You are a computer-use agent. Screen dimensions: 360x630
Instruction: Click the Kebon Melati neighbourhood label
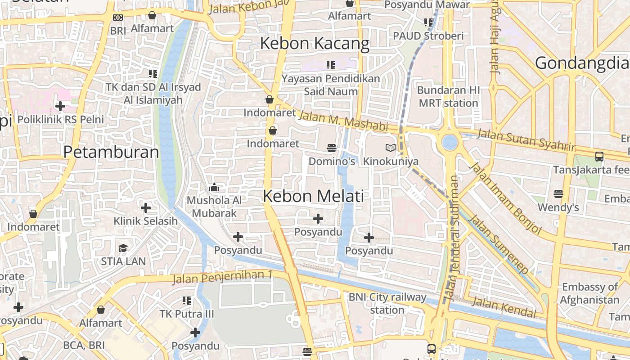[313, 196]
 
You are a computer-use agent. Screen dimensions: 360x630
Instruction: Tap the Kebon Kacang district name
[315, 44]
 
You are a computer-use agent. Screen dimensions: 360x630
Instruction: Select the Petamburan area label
[111, 152]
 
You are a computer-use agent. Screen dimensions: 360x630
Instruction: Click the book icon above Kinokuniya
[391, 148]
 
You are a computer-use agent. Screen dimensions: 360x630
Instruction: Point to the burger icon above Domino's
[332, 148]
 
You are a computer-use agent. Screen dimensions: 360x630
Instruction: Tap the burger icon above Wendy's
[558, 194]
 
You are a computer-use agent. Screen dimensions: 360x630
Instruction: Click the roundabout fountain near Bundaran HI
[450, 143]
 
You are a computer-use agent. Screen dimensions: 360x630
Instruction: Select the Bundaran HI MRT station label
[448, 96]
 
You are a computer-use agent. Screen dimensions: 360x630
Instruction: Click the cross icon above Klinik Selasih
[146, 208]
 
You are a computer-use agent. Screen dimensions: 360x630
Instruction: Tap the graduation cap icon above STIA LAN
[123, 248]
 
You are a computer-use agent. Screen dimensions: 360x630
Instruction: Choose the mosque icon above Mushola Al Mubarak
[214, 187]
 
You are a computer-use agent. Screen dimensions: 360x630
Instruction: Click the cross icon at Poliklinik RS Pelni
[60, 106]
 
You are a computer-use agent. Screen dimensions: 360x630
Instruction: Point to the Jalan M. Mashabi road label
[343, 121]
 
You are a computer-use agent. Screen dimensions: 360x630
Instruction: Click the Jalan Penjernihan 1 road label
[223, 277]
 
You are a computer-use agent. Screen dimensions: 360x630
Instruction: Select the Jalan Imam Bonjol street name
[505, 198]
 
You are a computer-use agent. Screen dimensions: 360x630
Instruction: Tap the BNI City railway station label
[387, 303]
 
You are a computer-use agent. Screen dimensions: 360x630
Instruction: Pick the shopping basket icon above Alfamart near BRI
[152, 16]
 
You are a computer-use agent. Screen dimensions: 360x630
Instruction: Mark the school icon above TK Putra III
[187, 300]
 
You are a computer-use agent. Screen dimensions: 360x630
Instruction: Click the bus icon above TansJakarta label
[599, 157]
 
